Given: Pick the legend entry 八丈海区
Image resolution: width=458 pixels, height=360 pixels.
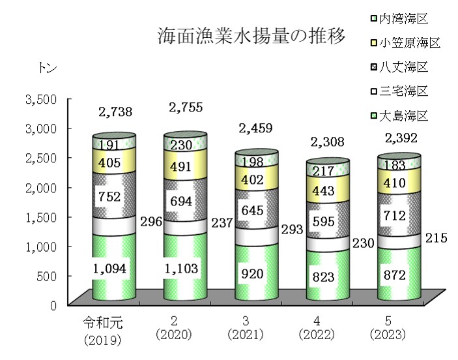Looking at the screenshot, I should point(404,67).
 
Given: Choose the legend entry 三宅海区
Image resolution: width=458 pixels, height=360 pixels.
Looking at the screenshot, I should point(404,91).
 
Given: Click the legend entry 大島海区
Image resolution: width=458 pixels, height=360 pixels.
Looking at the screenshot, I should point(404,115).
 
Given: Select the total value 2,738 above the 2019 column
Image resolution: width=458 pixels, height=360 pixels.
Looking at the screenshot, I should point(115,112).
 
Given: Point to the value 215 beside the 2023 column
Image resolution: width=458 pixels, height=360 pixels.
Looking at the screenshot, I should point(436,239).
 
